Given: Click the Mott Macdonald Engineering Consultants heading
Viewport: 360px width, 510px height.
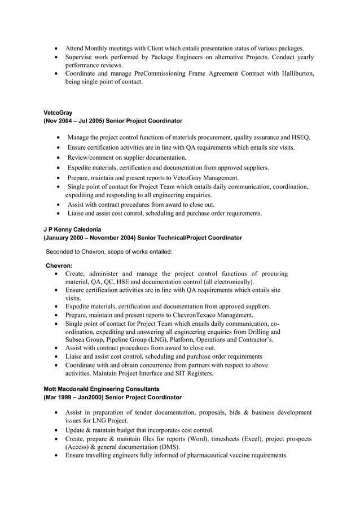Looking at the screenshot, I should [x=101, y=389].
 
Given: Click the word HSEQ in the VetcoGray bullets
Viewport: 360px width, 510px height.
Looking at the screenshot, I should [x=300, y=137].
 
